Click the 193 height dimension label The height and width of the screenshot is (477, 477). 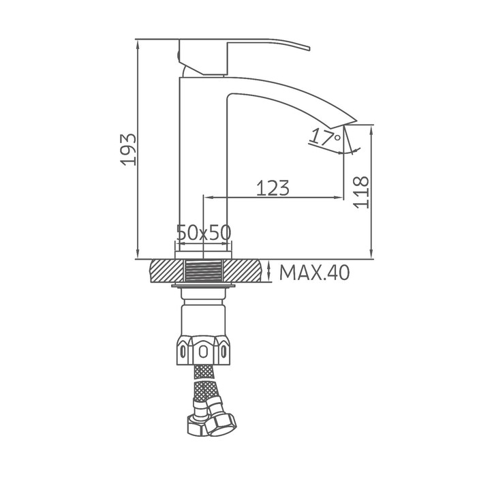128,150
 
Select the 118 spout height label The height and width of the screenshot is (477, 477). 361,192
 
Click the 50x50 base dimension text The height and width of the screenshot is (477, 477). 204,232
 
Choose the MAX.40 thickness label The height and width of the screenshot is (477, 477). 314,273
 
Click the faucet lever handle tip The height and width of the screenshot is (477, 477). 309,48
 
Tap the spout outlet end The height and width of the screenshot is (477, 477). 350,122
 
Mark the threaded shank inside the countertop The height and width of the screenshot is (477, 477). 204,271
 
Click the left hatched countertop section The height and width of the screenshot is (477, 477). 167,271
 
